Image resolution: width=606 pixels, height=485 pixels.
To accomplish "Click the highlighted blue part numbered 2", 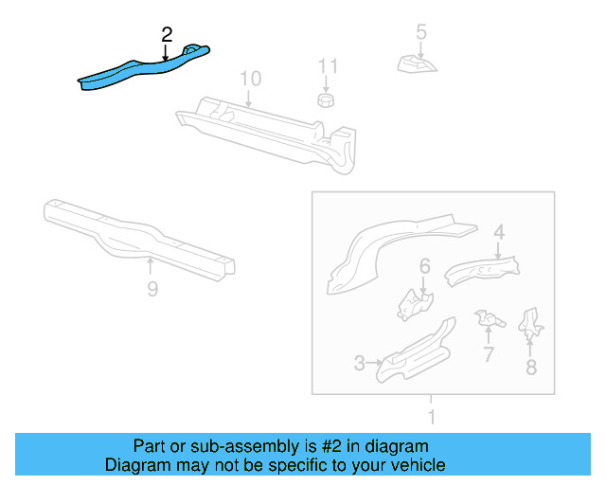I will [142, 69].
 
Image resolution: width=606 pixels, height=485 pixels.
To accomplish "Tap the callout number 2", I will [167, 34].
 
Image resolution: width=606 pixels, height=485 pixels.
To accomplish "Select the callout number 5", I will [421, 32].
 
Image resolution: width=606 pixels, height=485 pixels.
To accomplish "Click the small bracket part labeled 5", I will [417, 63].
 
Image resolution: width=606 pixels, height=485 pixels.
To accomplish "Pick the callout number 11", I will [328, 66].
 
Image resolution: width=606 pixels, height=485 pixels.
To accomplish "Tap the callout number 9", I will [152, 289].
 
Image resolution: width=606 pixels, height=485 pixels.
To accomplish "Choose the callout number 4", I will [499, 230].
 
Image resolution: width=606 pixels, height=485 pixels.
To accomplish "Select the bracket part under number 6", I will [414, 304].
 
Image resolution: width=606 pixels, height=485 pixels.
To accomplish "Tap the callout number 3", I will [360, 363].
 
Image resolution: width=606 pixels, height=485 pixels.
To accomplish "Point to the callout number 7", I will [489, 355].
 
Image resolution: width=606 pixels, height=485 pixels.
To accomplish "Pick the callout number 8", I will [531, 367].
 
